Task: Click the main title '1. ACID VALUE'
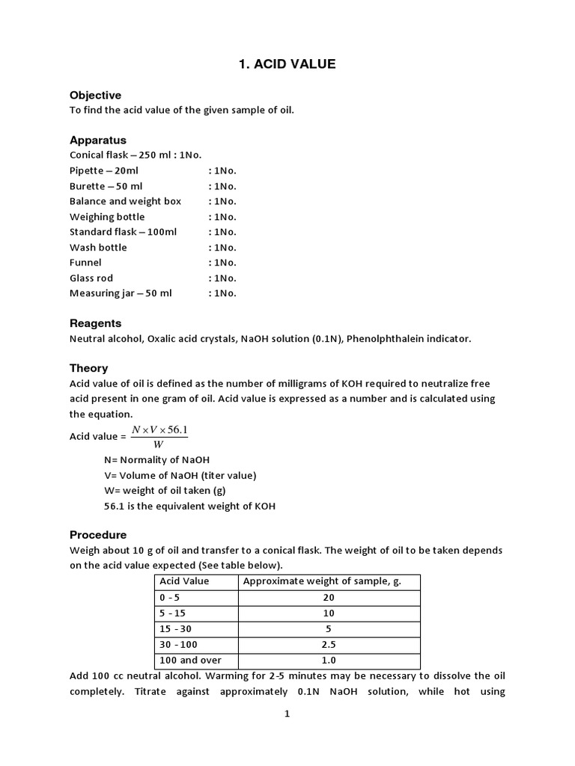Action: (x=287, y=64)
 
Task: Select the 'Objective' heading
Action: (x=95, y=95)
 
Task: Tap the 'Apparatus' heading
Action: (x=98, y=140)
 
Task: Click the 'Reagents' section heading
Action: (x=95, y=323)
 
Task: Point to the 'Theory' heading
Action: (x=88, y=368)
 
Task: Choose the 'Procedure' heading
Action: (x=98, y=535)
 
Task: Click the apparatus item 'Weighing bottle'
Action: (x=107, y=217)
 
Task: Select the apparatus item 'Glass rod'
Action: (x=91, y=278)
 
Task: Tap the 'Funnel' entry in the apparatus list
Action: (x=85, y=263)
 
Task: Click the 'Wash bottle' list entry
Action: (x=98, y=248)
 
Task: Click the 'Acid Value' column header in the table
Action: (x=184, y=581)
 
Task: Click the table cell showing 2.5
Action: (x=329, y=644)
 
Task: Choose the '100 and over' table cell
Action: (x=190, y=660)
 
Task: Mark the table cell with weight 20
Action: (x=329, y=598)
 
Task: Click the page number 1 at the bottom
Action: (x=287, y=714)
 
